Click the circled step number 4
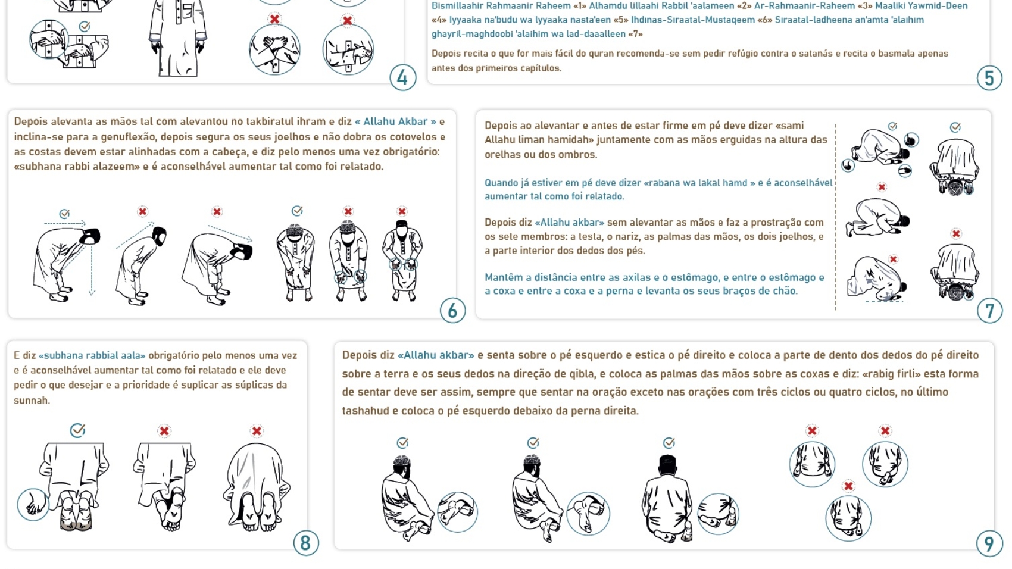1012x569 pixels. click(402, 78)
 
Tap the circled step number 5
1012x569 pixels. click(989, 78)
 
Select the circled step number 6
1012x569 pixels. click(452, 310)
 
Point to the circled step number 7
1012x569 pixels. click(989, 311)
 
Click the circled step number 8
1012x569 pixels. click(306, 543)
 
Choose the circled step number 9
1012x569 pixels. click(989, 544)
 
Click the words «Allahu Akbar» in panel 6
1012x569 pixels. click(395, 121)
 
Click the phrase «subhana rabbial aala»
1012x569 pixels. click(92, 355)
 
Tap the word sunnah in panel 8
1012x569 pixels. click(32, 401)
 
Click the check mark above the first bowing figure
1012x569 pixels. click(64, 213)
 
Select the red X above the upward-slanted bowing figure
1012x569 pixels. click(143, 211)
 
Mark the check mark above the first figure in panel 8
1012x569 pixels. click(77, 430)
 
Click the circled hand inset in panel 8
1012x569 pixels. click(33, 505)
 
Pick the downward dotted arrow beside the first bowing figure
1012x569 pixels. click(92, 268)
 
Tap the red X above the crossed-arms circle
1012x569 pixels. click(274, 19)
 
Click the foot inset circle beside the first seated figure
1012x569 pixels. click(457, 512)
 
